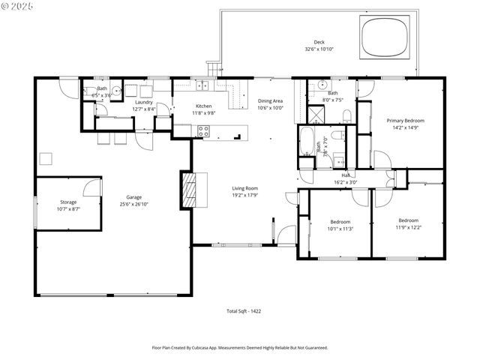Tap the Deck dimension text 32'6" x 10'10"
click(319, 49)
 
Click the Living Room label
click(244, 188)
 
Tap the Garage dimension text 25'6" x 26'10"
click(134, 203)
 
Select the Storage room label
click(68, 202)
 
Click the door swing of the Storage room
click(92, 187)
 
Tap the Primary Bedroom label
click(405, 121)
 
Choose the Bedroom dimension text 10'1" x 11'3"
click(340, 228)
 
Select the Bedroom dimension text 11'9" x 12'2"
click(408, 227)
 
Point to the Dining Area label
click(270, 100)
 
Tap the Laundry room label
click(143, 102)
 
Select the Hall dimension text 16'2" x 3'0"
click(346, 182)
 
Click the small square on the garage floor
click(46, 158)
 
